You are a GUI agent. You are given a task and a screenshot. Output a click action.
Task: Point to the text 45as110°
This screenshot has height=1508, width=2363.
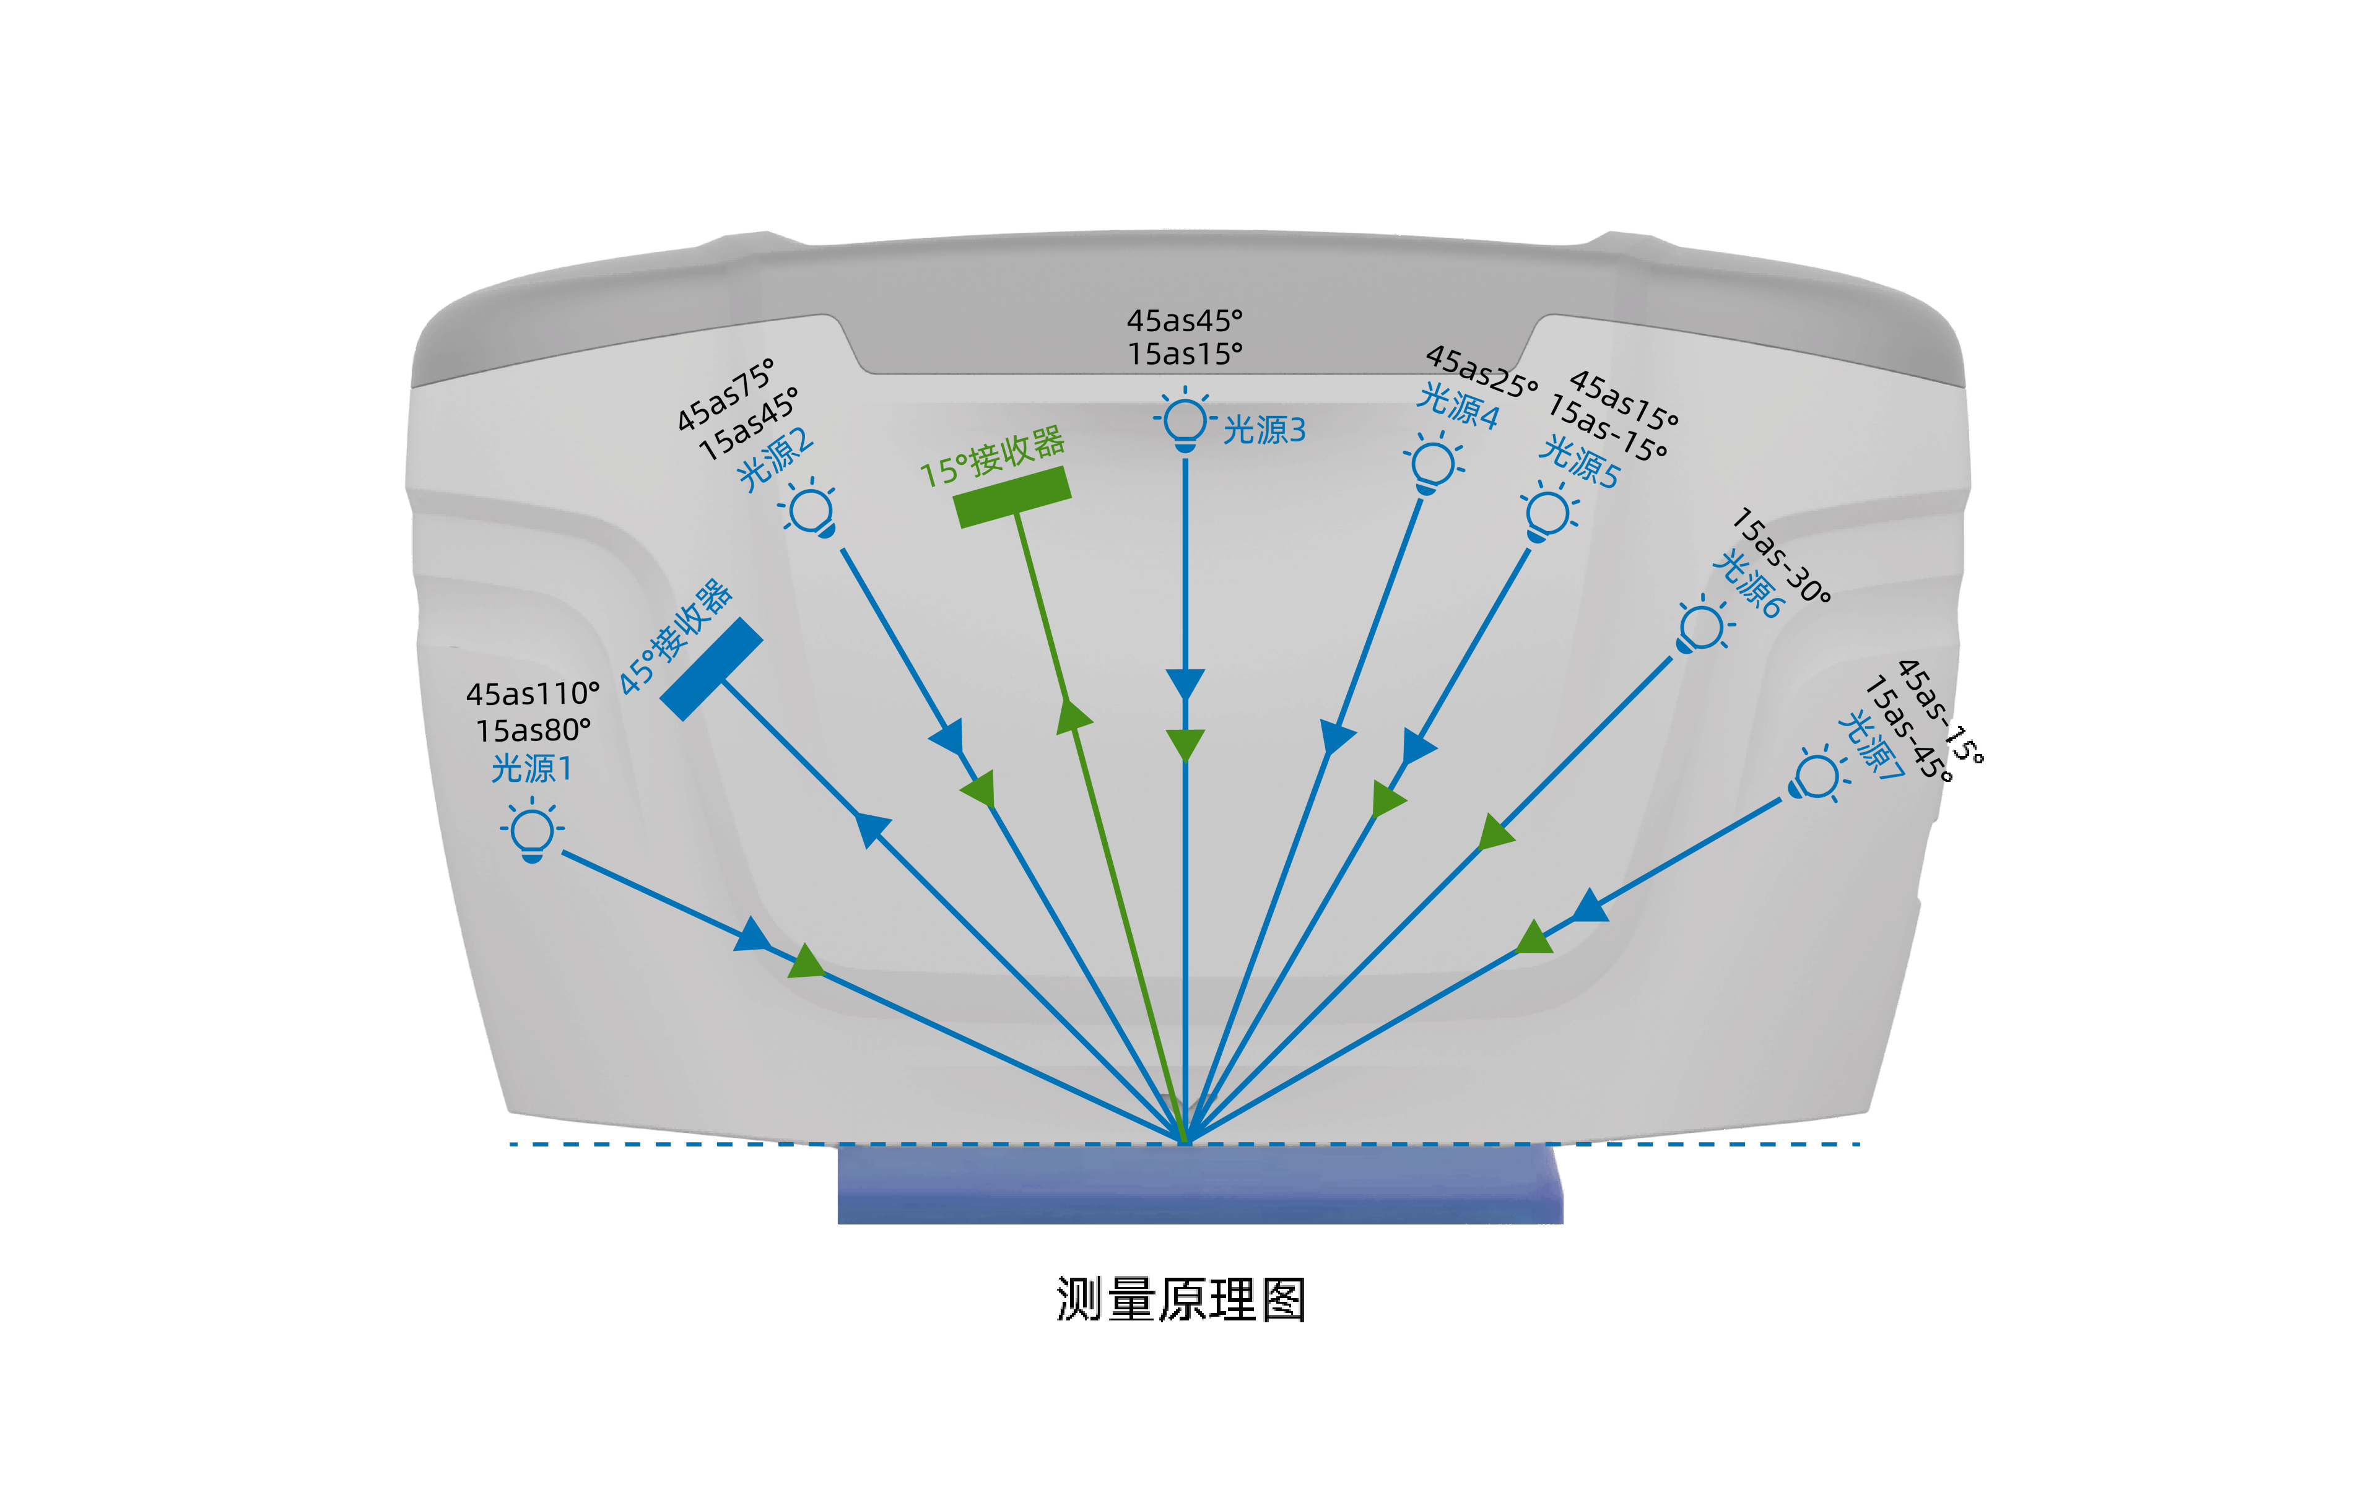[533, 695]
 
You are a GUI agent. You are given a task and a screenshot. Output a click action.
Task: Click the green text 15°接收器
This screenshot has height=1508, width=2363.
[992, 457]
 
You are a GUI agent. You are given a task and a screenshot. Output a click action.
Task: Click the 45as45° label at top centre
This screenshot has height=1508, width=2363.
[1185, 321]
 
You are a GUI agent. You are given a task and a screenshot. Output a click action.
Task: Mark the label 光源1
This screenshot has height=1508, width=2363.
[531, 768]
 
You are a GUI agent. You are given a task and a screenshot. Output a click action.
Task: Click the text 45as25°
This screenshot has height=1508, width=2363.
[1481, 371]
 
